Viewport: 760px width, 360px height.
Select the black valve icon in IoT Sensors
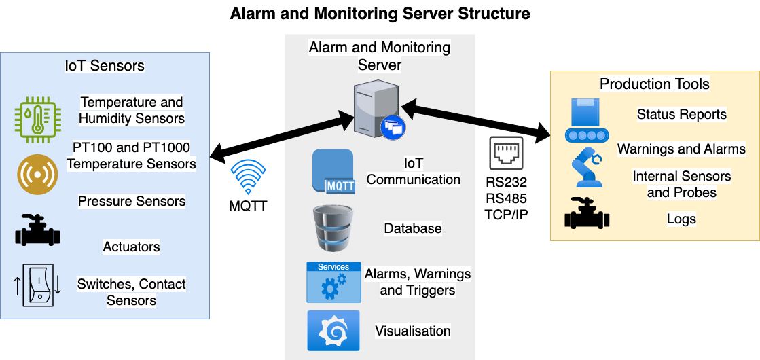pyautogui.click(x=38, y=230)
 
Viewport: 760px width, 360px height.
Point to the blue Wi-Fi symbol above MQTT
pyautogui.click(x=248, y=177)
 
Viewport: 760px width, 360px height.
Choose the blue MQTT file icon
pyautogui.click(x=333, y=171)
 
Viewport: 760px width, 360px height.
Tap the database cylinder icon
pyautogui.click(x=333, y=228)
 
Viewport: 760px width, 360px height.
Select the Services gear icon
pyautogui.click(x=333, y=282)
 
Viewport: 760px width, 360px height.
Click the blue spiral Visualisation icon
pyautogui.click(x=333, y=331)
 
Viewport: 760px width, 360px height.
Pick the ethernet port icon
pyautogui.click(x=507, y=153)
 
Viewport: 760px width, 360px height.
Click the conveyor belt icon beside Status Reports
pyautogui.click(x=587, y=120)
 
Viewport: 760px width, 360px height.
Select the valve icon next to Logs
pyautogui.click(x=587, y=214)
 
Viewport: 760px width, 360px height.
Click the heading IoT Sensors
pyautogui.click(x=105, y=66)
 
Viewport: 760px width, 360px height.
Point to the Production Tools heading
pyautogui.click(x=654, y=84)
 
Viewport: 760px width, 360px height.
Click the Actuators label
pyautogui.click(x=131, y=246)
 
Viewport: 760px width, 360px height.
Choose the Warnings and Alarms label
pyautogui.click(x=681, y=149)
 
